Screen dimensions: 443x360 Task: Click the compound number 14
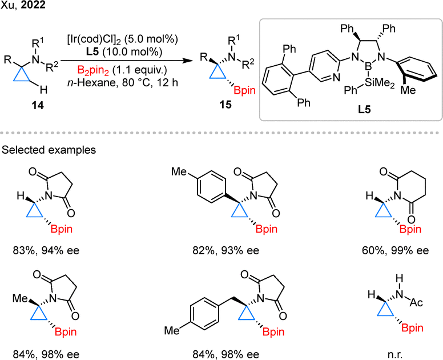pyautogui.click(x=38, y=105)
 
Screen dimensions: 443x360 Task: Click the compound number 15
pyautogui.click(x=225, y=105)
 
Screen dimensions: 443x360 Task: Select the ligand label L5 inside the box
pyautogui.click(x=364, y=109)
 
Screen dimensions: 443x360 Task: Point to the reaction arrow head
pyautogui.click(x=186, y=61)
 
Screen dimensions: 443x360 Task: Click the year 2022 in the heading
pyautogui.click(x=33, y=5)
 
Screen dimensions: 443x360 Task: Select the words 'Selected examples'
pyautogui.click(x=49, y=150)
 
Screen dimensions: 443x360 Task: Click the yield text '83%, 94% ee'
pyautogui.click(x=46, y=250)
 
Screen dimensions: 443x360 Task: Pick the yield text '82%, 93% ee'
pyautogui.click(x=225, y=250)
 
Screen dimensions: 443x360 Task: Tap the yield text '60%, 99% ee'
pyautogui.click(x=395, y=250)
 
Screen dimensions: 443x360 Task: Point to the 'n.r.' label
pyautogui.click(x=394, y=354)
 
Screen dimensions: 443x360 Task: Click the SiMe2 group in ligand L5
pyautogui.click(x=379, y=83)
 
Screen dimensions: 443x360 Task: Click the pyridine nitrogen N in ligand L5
pyautogui.click(x=336, y=77)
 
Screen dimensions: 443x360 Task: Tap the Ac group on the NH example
pyautogui.click(x=416, y=303)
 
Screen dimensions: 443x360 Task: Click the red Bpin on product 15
pyautogui.click(x=245, y=91)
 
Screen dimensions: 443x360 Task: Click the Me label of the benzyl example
pyautogui.click(x=172, y=330)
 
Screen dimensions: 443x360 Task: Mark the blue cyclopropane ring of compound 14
pyautogui.click(x=22, y=76)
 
